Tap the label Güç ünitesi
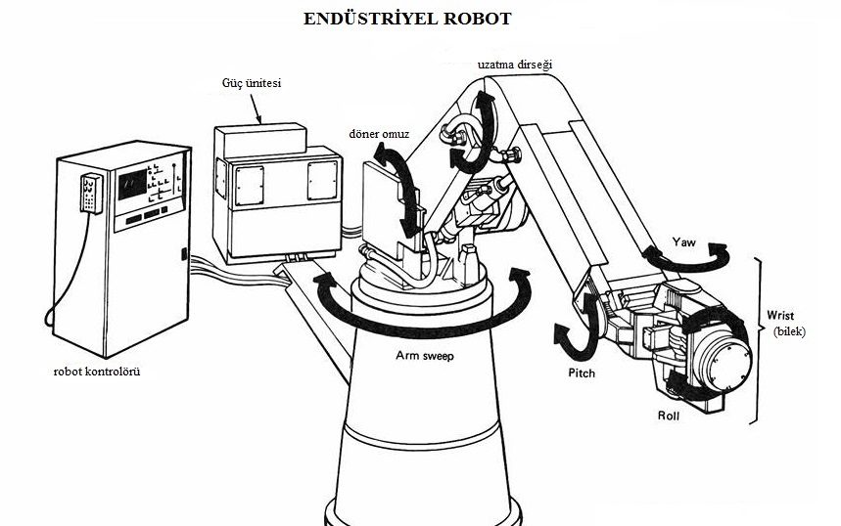point(252,84)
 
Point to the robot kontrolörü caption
point(98,373)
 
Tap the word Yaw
point(684,240)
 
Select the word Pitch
point(582,373)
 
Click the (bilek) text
point(788,331)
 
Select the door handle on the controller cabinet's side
point(183,254)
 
